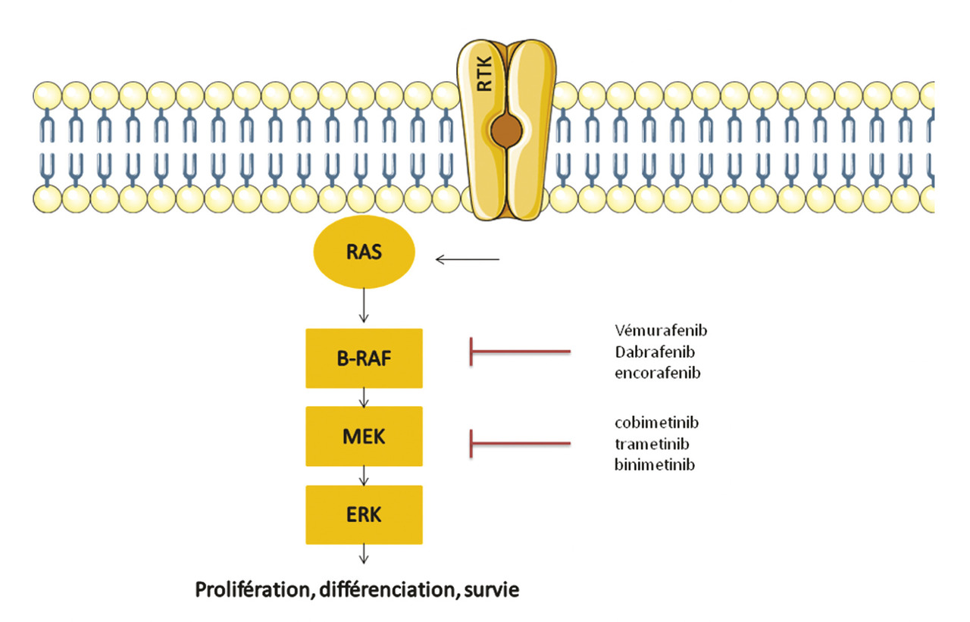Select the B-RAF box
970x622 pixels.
364,358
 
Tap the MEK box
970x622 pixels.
364,436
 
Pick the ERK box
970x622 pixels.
364,514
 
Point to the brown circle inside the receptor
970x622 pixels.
506,130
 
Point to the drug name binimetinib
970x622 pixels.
655,464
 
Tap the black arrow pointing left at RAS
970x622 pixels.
468,261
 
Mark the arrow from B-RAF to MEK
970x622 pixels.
365,396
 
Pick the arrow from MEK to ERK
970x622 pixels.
365,475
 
